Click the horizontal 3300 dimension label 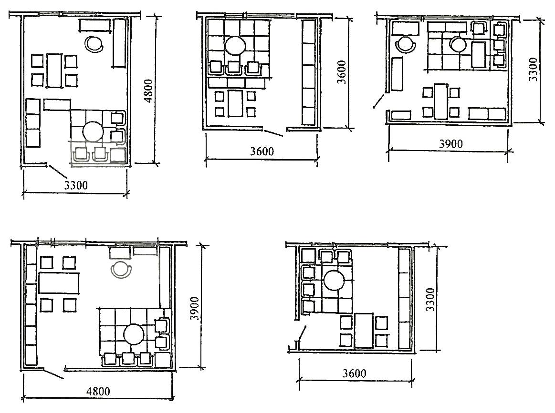pyautogui.click(x=76, y=185)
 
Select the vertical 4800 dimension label pyautogui.click(x=149, y=91)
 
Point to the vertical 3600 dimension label pyautogui.click(x=341, y=72)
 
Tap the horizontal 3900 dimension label pyautogui.click(x=451, y=143)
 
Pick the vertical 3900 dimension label pyautogui.click(x=194, y=308)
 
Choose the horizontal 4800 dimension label pyautogui.click(x=98, y=391)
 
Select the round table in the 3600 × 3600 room pyautogui.click(x=235, y=46)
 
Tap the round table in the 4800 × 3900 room pyautogui.click(x=135, y=334)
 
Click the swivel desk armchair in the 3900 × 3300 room pyautogui.click(x=406, y=44)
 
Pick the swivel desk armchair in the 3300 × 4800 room pyautogui.click(x=94, y=44)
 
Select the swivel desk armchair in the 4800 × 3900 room pyautogui.click(x=121, y=270)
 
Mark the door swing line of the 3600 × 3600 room pyautogui.click(x=273, y=133)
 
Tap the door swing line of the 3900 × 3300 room pyautogui.click(x=378, y=101)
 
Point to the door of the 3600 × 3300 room pyautogui.click(x=302, y=333)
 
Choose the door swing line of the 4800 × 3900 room pyautogui.click(x=53, y=374)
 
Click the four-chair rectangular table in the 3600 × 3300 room pyautogui.click(x=364, y=331)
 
